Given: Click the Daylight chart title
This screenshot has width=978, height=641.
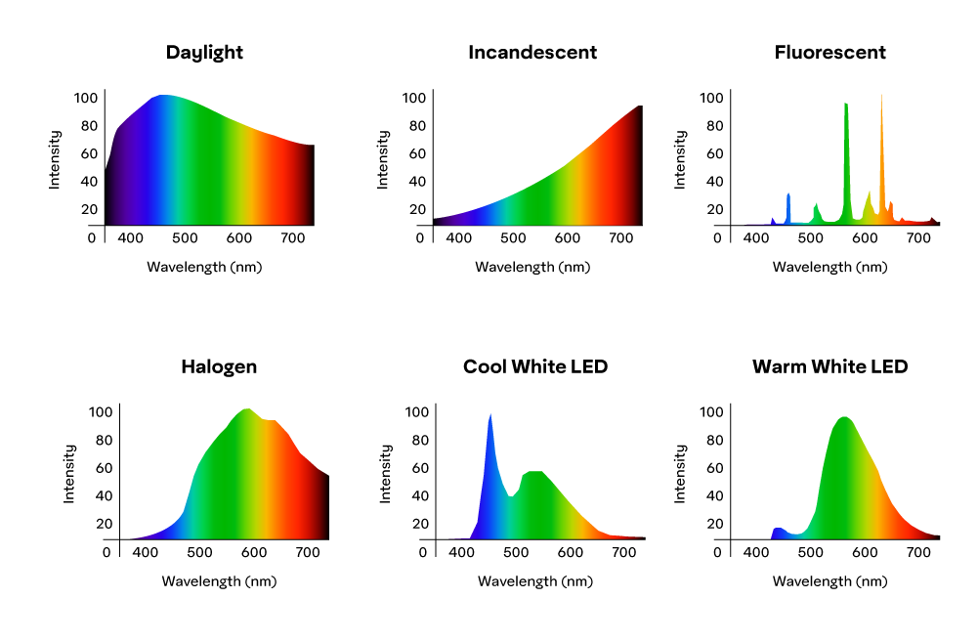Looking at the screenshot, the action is coord(204,53).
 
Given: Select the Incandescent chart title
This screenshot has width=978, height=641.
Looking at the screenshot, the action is coord(532,53).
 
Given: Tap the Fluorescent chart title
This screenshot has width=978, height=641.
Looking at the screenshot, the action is coord(830,53).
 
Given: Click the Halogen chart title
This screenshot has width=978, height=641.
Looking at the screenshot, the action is coord(219,366).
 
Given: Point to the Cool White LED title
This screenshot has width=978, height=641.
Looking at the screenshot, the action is coord(535,366).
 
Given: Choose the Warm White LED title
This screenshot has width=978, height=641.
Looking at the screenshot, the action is coord(830,366).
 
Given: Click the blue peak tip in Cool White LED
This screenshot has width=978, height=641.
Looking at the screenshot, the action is coord(490,414).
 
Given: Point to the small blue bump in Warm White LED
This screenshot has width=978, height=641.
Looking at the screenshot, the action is coord(779,533).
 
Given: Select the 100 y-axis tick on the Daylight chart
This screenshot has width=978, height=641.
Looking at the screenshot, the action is coord(85,98).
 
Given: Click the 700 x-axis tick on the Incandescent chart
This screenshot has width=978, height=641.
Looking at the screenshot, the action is coord(621,238).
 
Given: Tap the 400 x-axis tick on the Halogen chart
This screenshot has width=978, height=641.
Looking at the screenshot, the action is coord(146,552).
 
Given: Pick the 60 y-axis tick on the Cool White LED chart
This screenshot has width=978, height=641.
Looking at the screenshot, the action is coord(420,468).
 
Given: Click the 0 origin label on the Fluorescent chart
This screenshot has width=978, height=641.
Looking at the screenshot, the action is coord(717,238).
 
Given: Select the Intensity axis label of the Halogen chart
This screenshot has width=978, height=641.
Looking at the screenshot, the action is coord(69,474).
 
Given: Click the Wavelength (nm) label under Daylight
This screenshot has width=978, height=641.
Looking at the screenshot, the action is coord(204,267).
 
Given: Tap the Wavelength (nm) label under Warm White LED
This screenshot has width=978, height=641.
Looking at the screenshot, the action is coord(830,581).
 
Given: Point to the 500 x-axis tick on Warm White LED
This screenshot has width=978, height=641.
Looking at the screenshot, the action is coord(811,552).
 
